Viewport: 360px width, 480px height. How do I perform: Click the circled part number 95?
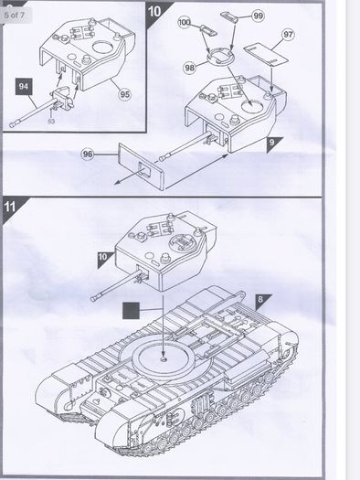pos(124,94)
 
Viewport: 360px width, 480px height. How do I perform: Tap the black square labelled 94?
pos(24,86)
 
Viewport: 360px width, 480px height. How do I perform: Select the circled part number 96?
pos(88,154)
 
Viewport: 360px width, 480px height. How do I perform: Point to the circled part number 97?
pos(288,35)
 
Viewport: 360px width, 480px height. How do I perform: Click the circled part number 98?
pos(190,67)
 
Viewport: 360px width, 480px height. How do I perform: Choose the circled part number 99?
pos(259,16)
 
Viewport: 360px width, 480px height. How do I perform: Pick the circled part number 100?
pos(185,22)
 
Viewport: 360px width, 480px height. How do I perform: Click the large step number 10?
pos(154,11)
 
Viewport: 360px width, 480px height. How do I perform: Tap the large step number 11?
pos(9,207)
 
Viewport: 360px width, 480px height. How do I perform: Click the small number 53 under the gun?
pos(51,122)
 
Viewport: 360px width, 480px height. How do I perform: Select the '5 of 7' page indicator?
pos(15,15)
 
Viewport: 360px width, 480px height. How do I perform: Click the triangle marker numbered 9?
pos(274,144)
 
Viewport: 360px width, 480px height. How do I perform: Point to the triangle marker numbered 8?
pos(262,301)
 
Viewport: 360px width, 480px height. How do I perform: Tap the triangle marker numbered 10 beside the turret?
pos(104,259)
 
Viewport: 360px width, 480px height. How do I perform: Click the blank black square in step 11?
pos(131,311)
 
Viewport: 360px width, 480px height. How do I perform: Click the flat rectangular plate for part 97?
pos(266,54)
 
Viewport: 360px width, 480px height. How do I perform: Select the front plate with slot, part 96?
pos(141,166)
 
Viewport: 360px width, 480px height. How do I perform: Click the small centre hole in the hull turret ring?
pos(164,357)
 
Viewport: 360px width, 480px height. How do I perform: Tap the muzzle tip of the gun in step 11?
pos(94,297)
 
